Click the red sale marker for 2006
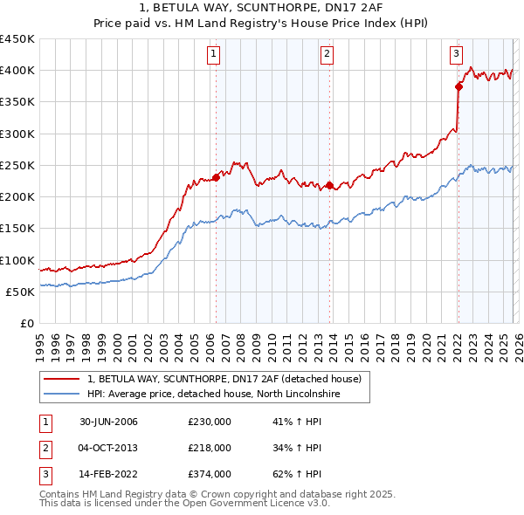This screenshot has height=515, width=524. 216,178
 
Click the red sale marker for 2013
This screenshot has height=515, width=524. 328,185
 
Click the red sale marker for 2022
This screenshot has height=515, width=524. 458,86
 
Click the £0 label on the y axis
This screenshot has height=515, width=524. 26,324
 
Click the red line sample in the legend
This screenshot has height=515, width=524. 61,379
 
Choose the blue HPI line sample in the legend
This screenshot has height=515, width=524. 61,394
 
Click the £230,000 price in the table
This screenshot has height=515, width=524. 209,422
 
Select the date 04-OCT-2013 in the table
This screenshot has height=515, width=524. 108,448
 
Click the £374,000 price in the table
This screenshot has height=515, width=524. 209,474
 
